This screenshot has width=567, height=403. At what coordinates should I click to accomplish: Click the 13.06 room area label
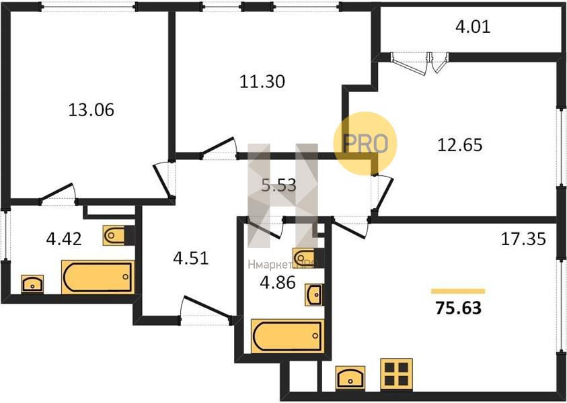pos(91,109)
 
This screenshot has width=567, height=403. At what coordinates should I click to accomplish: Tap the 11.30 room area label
pos(262,82)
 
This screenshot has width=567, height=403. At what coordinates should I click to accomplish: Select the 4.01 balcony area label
pos(473,27)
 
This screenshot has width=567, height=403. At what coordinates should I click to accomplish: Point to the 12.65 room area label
pos(460,145)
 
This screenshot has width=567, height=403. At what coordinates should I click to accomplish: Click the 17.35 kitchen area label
pos(523,239)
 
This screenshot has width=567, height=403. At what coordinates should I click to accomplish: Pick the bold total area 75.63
pos(459,308)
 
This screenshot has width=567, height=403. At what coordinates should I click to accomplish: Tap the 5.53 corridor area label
pos(279,185)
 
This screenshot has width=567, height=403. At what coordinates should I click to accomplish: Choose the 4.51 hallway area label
pos(191,259)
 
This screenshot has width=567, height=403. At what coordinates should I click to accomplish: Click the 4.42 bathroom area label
pos(64,238)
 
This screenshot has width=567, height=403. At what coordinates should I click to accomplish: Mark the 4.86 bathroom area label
pos(278,283)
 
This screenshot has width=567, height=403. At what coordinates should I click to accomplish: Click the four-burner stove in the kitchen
pos(396,375)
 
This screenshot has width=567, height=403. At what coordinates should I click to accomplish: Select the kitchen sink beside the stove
pos(350,377)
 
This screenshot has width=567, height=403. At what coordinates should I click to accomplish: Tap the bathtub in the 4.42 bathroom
pos(98,277)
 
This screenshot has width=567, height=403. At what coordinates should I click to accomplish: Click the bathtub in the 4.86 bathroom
pos(288,336)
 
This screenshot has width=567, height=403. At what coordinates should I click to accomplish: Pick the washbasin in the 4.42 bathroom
pos(32,284)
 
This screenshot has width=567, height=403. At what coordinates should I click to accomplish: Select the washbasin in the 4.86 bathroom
pos(313,295)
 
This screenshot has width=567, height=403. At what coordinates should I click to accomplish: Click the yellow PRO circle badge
pos(365,143)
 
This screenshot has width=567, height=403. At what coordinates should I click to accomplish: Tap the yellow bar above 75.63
pos(458,292)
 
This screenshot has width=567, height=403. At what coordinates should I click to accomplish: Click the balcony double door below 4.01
pos(420,63)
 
